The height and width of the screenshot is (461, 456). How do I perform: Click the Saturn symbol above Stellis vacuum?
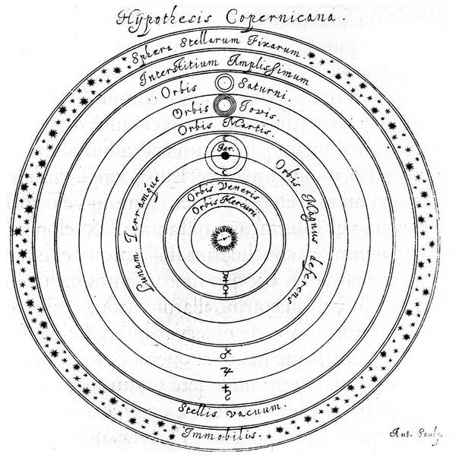(x=225, y=391)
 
